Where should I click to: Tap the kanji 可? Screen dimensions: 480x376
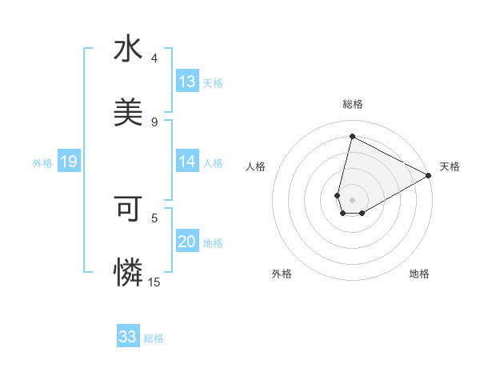(128, 209)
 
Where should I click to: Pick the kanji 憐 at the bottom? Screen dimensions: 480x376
(128, 273)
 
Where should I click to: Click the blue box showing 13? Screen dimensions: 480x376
(187, 82)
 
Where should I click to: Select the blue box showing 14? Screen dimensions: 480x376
(187, 162)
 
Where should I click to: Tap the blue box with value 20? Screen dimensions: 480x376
(187, 242)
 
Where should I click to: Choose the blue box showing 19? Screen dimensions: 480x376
(68, 162)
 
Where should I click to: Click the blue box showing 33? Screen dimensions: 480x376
(128, 337)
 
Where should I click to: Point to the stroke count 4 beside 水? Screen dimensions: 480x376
(154, 58)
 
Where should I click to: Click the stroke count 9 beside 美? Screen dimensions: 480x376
(154, 122)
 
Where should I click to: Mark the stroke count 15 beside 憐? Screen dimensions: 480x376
(154, 282)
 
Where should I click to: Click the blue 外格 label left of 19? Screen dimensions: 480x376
(42, 163)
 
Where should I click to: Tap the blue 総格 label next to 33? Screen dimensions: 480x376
(154, 338)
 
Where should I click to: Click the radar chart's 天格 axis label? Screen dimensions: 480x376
(450, 166)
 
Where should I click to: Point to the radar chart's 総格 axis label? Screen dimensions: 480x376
(353, 104)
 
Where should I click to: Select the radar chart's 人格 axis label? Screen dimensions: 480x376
(256, 166)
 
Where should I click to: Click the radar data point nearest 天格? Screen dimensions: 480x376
(429, 176)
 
